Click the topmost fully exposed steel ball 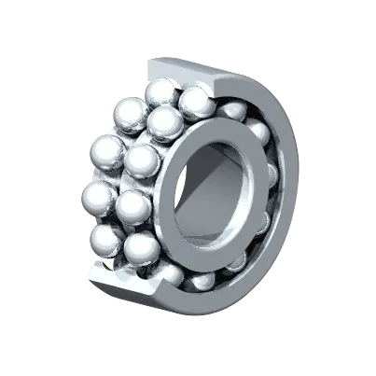pyautogui.click(x=160, y=93)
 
